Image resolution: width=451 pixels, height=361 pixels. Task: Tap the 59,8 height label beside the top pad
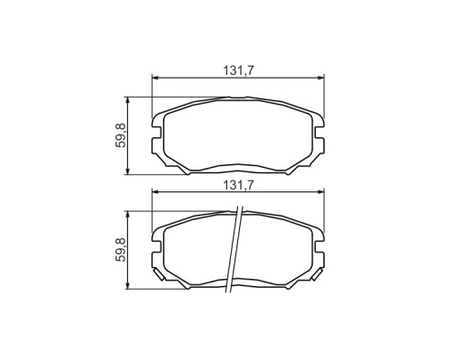pyautogui.click(x=121, y=135)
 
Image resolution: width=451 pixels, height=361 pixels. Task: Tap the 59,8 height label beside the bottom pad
pyautogui.click(x=121, y=249)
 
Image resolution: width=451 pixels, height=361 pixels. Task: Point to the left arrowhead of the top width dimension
pyautogui.click(x=155, y=78)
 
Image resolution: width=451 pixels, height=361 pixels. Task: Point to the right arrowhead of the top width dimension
pyautogui.click(x=321, y=78)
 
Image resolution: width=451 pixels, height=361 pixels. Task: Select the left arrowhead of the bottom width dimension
pyautogui.click(x=155, y=192)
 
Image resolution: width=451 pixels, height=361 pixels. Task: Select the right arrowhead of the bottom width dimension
pyautogui.click(x=321, y=192)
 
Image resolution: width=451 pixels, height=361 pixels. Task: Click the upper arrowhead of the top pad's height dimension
pyautogui.click(x=128, y=100)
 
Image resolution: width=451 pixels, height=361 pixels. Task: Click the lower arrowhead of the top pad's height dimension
pyautogui.click(x=128, y=171)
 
